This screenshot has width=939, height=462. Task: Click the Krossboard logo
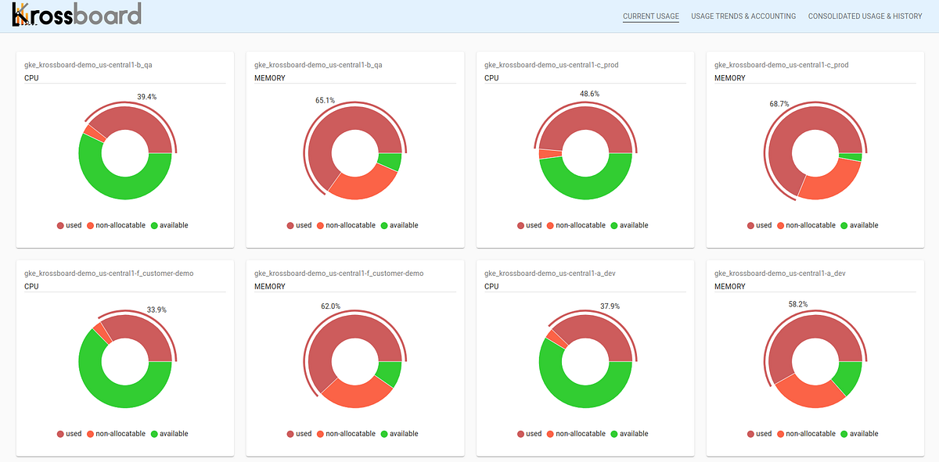77,15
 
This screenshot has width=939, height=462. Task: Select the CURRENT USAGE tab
651,16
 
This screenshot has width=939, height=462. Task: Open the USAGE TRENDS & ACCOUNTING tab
743,16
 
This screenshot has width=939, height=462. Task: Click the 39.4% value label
147,97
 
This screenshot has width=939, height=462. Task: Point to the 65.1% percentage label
326,100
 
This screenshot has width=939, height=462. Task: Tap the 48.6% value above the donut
590,93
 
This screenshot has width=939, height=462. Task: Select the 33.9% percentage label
156,310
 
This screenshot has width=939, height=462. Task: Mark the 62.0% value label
330,306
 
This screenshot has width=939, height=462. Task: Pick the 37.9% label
610,306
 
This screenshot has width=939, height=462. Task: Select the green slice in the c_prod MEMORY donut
854,157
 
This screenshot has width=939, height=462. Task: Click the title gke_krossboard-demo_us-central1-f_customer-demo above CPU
109,274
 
